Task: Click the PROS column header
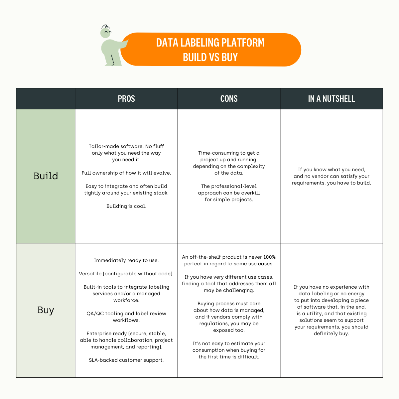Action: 126,99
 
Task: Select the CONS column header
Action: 229,99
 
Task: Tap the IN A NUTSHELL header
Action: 331,99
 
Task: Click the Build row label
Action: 46,176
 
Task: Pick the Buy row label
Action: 46,310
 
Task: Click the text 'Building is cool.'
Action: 126,206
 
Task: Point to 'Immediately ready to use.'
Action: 126,260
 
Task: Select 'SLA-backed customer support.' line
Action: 126,360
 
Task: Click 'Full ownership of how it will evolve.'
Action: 126,173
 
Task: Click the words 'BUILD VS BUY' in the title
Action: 210,58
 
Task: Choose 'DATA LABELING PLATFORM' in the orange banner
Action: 210,43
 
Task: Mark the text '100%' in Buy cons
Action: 270,257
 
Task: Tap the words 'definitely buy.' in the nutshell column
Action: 332,333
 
